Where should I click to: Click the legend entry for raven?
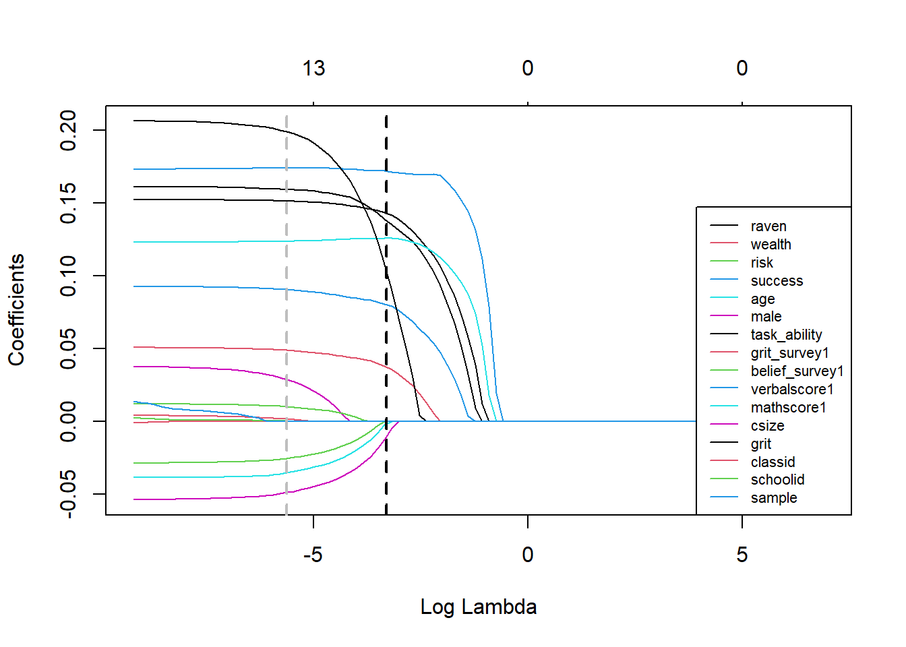coord(768,226)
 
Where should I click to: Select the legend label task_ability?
coord(786,335)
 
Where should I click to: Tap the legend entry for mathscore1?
coord(788,408)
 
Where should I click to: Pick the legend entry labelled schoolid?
coord(777,480)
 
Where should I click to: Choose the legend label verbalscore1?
coord(792,390)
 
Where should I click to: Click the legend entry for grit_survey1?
coord(789,353)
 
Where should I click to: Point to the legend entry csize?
coord(767,426)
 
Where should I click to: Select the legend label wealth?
coord(771,245)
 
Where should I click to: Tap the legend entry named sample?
coord(773,498)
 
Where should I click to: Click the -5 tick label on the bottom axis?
coord(313,555)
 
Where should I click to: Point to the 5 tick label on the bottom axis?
coord(742,555)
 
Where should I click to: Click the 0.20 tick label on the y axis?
coord(68,130)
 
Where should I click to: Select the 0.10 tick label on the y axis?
coord(68,276)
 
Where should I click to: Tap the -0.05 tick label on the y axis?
coord(68,494)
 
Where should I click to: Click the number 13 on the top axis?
coord(313,68)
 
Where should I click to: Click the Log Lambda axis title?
coord(478,607)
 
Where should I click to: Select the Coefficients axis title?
coord(16,310)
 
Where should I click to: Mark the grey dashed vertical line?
coord(286,303)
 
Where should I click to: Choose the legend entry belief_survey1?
coord(797,371)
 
